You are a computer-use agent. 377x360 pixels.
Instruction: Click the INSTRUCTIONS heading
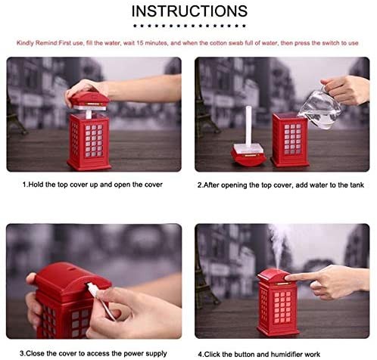(x=189, y=11)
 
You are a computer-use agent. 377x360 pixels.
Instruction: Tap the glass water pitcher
(x=320, y=109)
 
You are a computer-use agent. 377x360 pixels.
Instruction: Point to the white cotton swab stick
(x=249, y=126)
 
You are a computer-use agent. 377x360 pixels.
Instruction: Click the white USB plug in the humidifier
(x=93, y=290)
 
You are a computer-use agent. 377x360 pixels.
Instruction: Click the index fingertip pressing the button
(x=288, y=278)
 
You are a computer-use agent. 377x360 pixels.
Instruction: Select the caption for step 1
(x=92, y=185)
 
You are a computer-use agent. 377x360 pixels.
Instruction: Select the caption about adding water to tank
(x=281, y=185)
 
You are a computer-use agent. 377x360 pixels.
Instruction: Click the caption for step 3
(x=93, y=353)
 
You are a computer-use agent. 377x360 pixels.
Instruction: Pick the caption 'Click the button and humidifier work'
(x=259, y=354)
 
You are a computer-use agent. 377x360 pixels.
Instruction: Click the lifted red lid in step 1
(x=89, y=101)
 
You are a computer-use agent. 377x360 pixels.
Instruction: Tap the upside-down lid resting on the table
(x=248, y=155)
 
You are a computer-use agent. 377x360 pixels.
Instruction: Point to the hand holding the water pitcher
(x=347, y=89)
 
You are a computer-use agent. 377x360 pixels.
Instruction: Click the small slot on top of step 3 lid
(x=73, y=268)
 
